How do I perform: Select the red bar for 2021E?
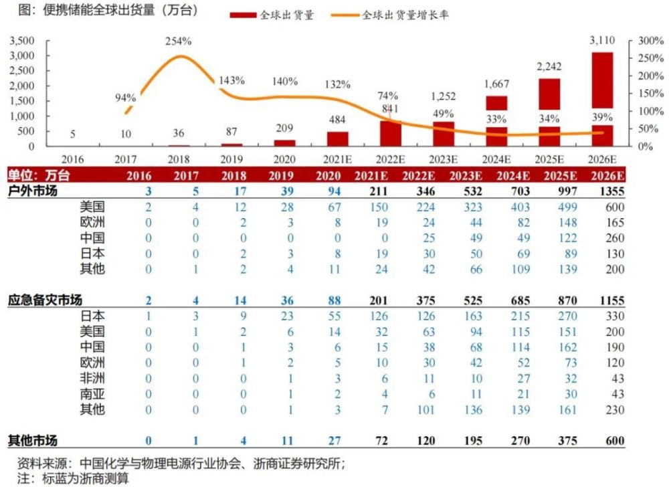(337, 138)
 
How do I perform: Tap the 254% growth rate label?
(179, 41)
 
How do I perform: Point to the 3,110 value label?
(601, 40)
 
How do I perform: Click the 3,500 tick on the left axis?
(22, 41)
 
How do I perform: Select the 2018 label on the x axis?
(179, 159)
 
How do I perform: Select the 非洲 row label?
(92, 378)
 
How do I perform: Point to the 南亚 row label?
(92, 393)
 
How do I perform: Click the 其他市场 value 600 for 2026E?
(614, 441)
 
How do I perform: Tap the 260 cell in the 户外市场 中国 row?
(614, 238)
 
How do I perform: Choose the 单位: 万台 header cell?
(37, 175)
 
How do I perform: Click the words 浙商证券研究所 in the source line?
(305, 462)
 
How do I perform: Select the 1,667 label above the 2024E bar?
(496, 84)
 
